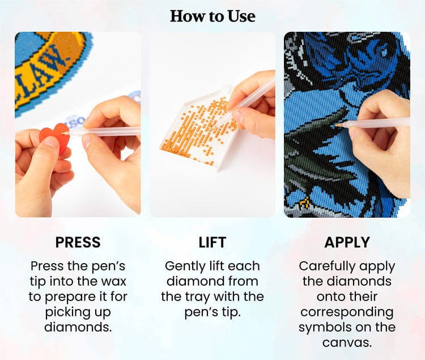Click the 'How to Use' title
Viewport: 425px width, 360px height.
coord(212,16)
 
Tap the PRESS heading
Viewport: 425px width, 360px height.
coord(78,242)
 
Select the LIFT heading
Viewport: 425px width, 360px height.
coord(212,242)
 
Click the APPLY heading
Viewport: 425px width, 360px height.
coord(347,242)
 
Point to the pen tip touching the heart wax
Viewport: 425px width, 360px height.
coord(63,133)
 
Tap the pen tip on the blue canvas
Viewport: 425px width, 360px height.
coord(337,125)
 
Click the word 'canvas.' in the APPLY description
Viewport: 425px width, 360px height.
coord(347,342)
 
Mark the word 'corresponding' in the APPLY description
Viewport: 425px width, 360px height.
coord(347,312)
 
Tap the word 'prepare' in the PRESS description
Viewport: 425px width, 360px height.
coord(70,298)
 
